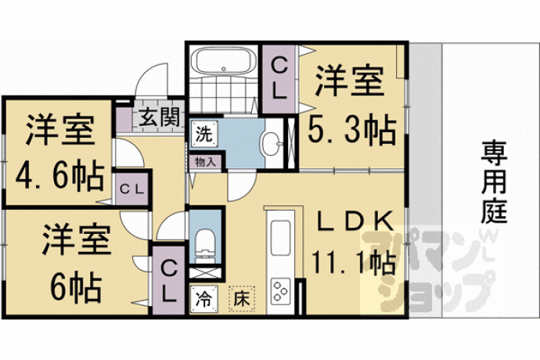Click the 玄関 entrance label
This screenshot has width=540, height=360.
(x=160, y=117)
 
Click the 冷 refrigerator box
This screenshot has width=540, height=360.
(x=204, y=299)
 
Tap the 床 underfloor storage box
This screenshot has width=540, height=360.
(x=242, y=299)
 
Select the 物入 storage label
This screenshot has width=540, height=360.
(x=205, y=161)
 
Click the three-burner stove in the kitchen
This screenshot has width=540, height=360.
(x=281, y=291)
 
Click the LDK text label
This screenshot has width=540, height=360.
(x=354, y=221)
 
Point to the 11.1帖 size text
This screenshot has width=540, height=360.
(x=353, y=263)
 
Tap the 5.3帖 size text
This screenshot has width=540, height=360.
(x=351, y=130)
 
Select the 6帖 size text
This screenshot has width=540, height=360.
(x=77, y=286)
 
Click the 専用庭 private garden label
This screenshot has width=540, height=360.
(x=494, y=182)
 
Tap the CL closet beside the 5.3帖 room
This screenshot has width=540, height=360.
(x=279, y=79)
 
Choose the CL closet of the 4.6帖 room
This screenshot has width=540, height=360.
(x=132, y=189)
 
